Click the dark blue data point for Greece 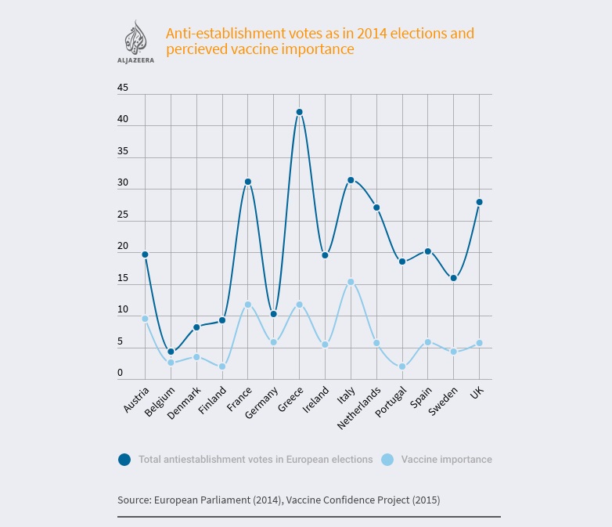point(299,112)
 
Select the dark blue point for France point(248,182)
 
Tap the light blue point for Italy point(351,282)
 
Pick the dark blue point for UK point(479,202)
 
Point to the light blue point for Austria point(146,319)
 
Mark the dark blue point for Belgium point(171,352)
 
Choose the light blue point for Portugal point(402,366)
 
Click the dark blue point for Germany point(273,314)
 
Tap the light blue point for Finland point(222,366)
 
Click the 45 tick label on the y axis point(123,88)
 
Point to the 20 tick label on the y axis point(123,247)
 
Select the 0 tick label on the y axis point(121,373)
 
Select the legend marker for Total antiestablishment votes point(124,460)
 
